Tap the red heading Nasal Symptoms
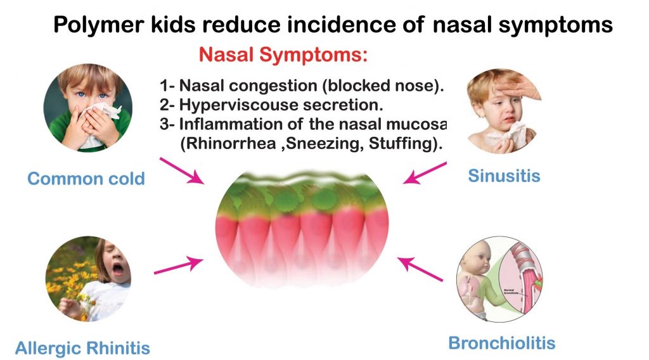coord(283,55)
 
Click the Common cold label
coord(86,179)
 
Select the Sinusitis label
coord(504,175)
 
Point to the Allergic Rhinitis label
coord(82,348)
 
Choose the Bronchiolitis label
coord(501,344)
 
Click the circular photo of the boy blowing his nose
coord(88,107)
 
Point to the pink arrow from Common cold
coord(182,171)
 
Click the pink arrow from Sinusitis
coord(425,173)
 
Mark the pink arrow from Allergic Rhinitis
coord(179,266)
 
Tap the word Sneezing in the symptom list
coord(314,144)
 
